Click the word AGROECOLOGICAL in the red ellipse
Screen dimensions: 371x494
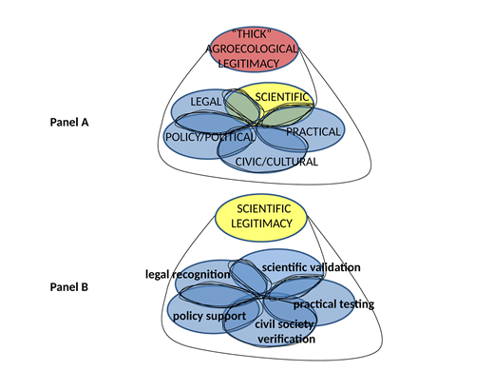[255, 49]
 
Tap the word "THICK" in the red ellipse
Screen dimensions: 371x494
[255, 34]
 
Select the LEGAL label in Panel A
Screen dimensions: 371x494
[205, 101]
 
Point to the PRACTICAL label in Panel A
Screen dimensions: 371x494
[313, 131]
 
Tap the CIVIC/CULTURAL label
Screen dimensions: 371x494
[275, 162]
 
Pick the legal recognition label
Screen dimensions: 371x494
[188, 274]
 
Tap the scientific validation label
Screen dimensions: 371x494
[305, 266]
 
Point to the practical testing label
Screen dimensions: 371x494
[333, 304]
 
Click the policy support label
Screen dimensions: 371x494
[208, 316]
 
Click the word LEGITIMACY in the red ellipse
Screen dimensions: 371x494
[255, 63]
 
